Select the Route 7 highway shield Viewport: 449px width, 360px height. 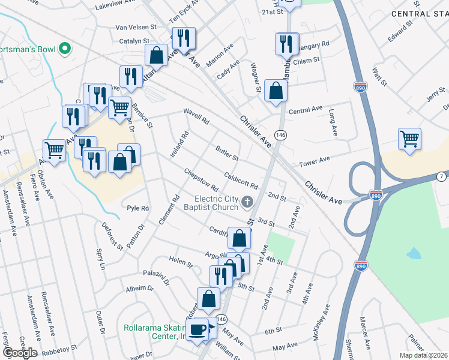442,176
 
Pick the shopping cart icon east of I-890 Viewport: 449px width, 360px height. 409,139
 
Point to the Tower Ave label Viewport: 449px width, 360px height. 315,160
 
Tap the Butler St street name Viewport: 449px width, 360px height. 228,154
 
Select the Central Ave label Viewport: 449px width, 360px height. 306,111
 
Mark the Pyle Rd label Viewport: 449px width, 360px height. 137,208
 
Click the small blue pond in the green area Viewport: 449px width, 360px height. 414,253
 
